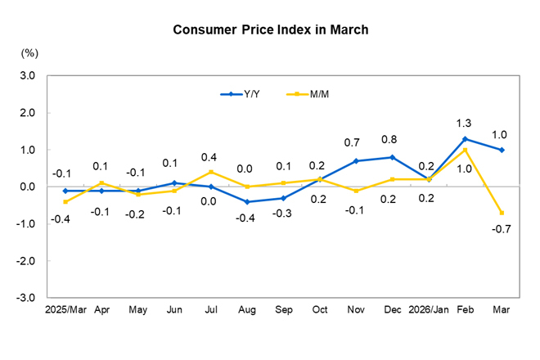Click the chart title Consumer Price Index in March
(270, 29)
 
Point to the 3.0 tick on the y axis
(28, 76)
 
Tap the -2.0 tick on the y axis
(26, 261)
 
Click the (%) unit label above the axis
(29, 53)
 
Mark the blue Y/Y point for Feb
(466, 139)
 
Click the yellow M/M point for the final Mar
(502, 213)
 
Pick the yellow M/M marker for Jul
(210, 172)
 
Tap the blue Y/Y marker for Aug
(247, 201)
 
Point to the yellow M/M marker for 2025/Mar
(65, 201)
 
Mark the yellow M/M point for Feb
(466, 150)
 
